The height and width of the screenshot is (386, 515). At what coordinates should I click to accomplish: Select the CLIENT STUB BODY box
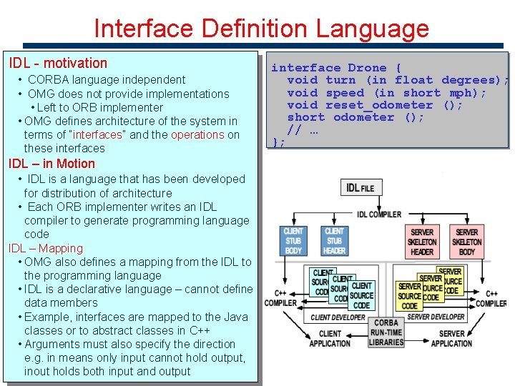pos(293,241)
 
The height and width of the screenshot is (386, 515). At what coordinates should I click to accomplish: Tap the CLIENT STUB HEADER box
pos(334,241)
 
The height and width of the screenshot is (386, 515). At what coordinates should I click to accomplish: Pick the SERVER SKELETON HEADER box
pos(422,242)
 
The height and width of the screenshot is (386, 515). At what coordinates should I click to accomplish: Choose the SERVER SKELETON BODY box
pos(466,242)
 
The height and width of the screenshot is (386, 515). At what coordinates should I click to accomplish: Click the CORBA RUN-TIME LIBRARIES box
pos(386,332)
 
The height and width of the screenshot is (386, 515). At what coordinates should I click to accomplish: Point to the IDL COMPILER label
pos(378,214)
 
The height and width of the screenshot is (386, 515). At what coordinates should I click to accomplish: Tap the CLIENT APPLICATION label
pos(330,338)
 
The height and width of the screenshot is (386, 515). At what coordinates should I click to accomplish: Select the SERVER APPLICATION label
pos(451,338)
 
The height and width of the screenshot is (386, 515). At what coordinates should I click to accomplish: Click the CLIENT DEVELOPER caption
pos(338,317)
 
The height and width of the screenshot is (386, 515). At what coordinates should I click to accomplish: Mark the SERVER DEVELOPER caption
pos(436,317)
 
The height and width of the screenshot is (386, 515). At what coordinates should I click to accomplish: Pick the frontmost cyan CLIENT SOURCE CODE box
pos(361,295)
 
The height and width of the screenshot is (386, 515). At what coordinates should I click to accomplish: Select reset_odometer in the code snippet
pos(379,105)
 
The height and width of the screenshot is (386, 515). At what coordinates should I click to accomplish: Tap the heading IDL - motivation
pos(58,63)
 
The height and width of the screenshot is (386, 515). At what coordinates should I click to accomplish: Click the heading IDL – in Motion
pos(51,164)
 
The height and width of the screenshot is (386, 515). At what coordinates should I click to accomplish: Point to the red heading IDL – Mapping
pos(46,248)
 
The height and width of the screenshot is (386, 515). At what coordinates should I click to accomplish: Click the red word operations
pos(197,134)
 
